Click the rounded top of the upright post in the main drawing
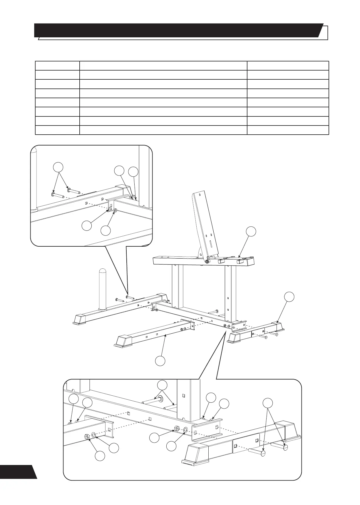click(103, 271)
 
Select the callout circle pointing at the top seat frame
click(251, 231)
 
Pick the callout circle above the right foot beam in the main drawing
click(289, 297)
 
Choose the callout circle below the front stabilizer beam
click(160, 361)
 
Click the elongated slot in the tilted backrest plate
click(211, 245)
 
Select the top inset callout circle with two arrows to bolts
click(58, 167)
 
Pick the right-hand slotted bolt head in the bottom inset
click(285, 447)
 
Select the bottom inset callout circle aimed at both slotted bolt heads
click(267, 403)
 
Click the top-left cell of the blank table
click(57, 66)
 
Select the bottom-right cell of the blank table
click(288, 130)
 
